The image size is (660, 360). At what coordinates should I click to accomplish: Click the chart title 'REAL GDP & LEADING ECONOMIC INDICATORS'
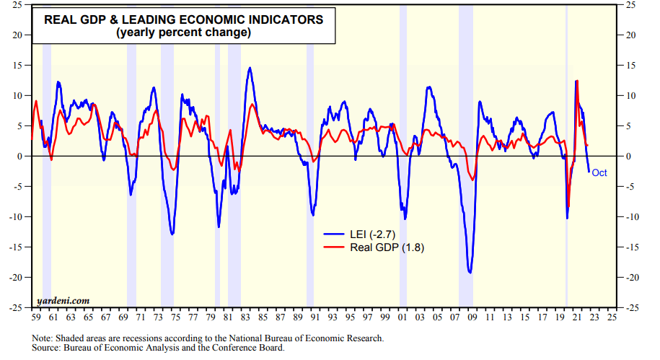185,19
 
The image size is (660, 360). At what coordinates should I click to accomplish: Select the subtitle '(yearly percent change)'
185,32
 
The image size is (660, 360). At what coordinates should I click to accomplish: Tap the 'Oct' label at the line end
599,173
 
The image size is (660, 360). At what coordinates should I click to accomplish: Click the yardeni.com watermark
63,300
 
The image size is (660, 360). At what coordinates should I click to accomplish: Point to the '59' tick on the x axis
35,317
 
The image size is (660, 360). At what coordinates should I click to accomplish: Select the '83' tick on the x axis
246,317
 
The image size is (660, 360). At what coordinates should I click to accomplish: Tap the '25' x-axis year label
612,317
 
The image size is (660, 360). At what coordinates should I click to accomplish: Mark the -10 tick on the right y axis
632,217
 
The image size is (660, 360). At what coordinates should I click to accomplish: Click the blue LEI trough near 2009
470,273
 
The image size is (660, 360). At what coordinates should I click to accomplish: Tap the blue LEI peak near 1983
250,68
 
